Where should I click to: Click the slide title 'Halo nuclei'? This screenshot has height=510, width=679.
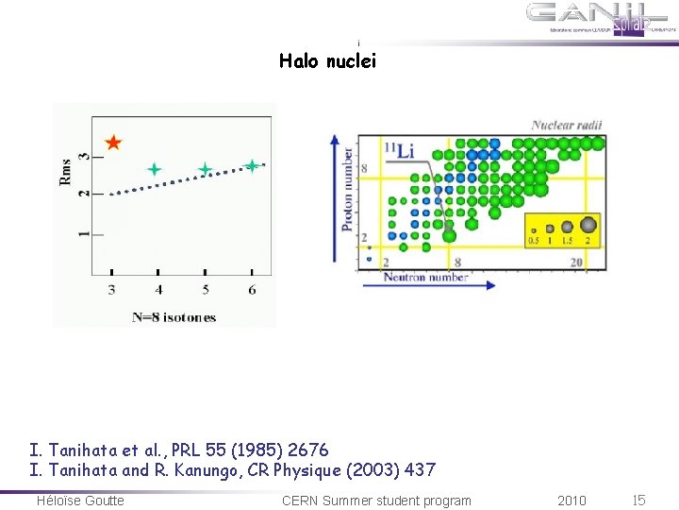coord(327,61)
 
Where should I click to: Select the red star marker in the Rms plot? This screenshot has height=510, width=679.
coord(113,144)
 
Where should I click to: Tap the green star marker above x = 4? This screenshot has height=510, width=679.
coord(155,170)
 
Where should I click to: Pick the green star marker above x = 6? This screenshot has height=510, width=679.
coord(252,166)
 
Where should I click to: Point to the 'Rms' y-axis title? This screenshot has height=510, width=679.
coord(66,171)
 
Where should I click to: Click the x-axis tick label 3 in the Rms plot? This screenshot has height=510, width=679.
coord(111,289)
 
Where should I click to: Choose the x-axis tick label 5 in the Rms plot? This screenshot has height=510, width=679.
coord(205,289)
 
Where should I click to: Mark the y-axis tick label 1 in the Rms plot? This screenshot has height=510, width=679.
coord(83,232)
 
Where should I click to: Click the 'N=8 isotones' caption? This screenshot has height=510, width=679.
coord(174,317)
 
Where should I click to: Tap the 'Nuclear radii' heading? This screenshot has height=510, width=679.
coord(566,125)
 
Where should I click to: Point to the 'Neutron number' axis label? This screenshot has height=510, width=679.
coord(425,278)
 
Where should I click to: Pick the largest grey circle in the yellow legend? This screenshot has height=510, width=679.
coord(588,225)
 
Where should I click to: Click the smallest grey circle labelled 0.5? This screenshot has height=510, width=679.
coord(535,229)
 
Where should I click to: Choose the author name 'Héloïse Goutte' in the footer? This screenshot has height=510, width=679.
coord(80,501)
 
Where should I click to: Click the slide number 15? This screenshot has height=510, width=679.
coord(638,501)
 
